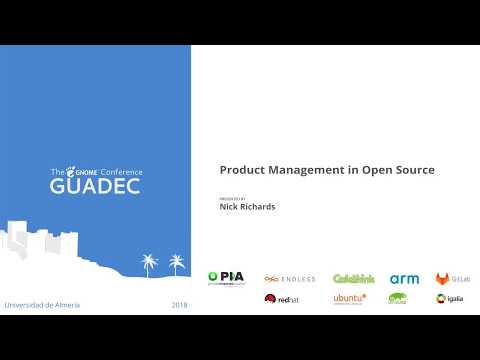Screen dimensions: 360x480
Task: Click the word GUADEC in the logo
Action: pyautogui.click(x=95, y=186)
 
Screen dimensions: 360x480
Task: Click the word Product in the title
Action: pyautogui.click(x=241, y=170)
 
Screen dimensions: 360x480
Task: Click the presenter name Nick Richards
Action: pyautogui.click(x=246, y=208)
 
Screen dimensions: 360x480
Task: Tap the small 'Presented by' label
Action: pyautogui.click(x=231, y=199)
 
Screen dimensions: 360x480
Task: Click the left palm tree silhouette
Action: pyautogui.click(x=150, y=264)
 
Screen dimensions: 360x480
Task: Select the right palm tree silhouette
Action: pyautogui.click(x=177, y=264)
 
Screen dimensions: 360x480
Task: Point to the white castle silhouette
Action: pyautogui.click(x=40, y=245)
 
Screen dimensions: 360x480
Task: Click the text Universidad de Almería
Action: pyautogui.click(x=42, y=304)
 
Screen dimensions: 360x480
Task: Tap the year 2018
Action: pyautogui.click(x=179, y=304)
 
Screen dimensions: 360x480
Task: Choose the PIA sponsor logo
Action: pyautogui.click(x=227, y=278)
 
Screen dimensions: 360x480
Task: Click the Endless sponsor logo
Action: pyautogui.click(x=290, y=279)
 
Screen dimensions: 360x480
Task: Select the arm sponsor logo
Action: pyautogui.click(x=404, y=279)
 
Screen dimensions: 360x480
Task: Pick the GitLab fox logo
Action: pyautogui.click(x=443, y=279)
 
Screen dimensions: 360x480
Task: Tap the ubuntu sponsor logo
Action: pyautogui.click(x=349, y=298)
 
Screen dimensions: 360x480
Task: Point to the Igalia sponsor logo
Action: pyautogui.click(x=449, y=298)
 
